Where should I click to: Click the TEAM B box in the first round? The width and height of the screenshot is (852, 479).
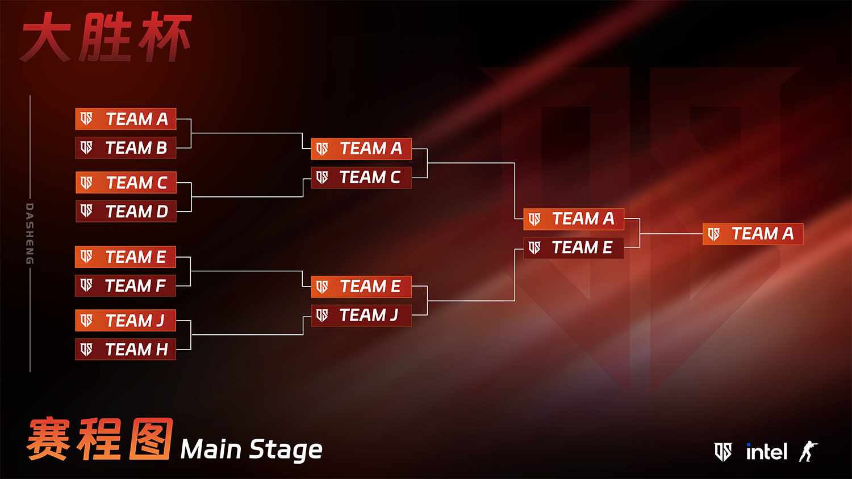pos(126,148)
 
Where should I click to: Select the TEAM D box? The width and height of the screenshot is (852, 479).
pos(126,211)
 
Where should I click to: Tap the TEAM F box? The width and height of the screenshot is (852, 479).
pos(126,285)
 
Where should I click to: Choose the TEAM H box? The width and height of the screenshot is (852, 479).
pos(126,349)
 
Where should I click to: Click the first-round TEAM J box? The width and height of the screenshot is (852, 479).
pos(126,320)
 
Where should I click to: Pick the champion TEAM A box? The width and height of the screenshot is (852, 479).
pos(753,234)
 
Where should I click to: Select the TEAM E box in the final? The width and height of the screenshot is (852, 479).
pos(574,247)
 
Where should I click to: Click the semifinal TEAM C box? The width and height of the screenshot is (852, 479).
pos(361,178)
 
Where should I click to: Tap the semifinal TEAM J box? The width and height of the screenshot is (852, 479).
pos(361,315)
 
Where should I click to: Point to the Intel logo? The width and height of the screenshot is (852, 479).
pos(766,452)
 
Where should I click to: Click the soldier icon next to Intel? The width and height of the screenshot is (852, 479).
pos(808,451)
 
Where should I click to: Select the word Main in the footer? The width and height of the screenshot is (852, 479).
pos(211,449)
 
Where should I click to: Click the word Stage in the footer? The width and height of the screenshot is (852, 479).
pos(286,451)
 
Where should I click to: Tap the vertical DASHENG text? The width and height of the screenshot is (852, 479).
pos(30,233)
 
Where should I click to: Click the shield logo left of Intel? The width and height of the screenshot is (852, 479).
pos(722,452)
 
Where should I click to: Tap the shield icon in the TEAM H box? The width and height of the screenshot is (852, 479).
pos(86,350)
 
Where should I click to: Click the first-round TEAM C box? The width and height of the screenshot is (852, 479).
pos(126,183)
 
